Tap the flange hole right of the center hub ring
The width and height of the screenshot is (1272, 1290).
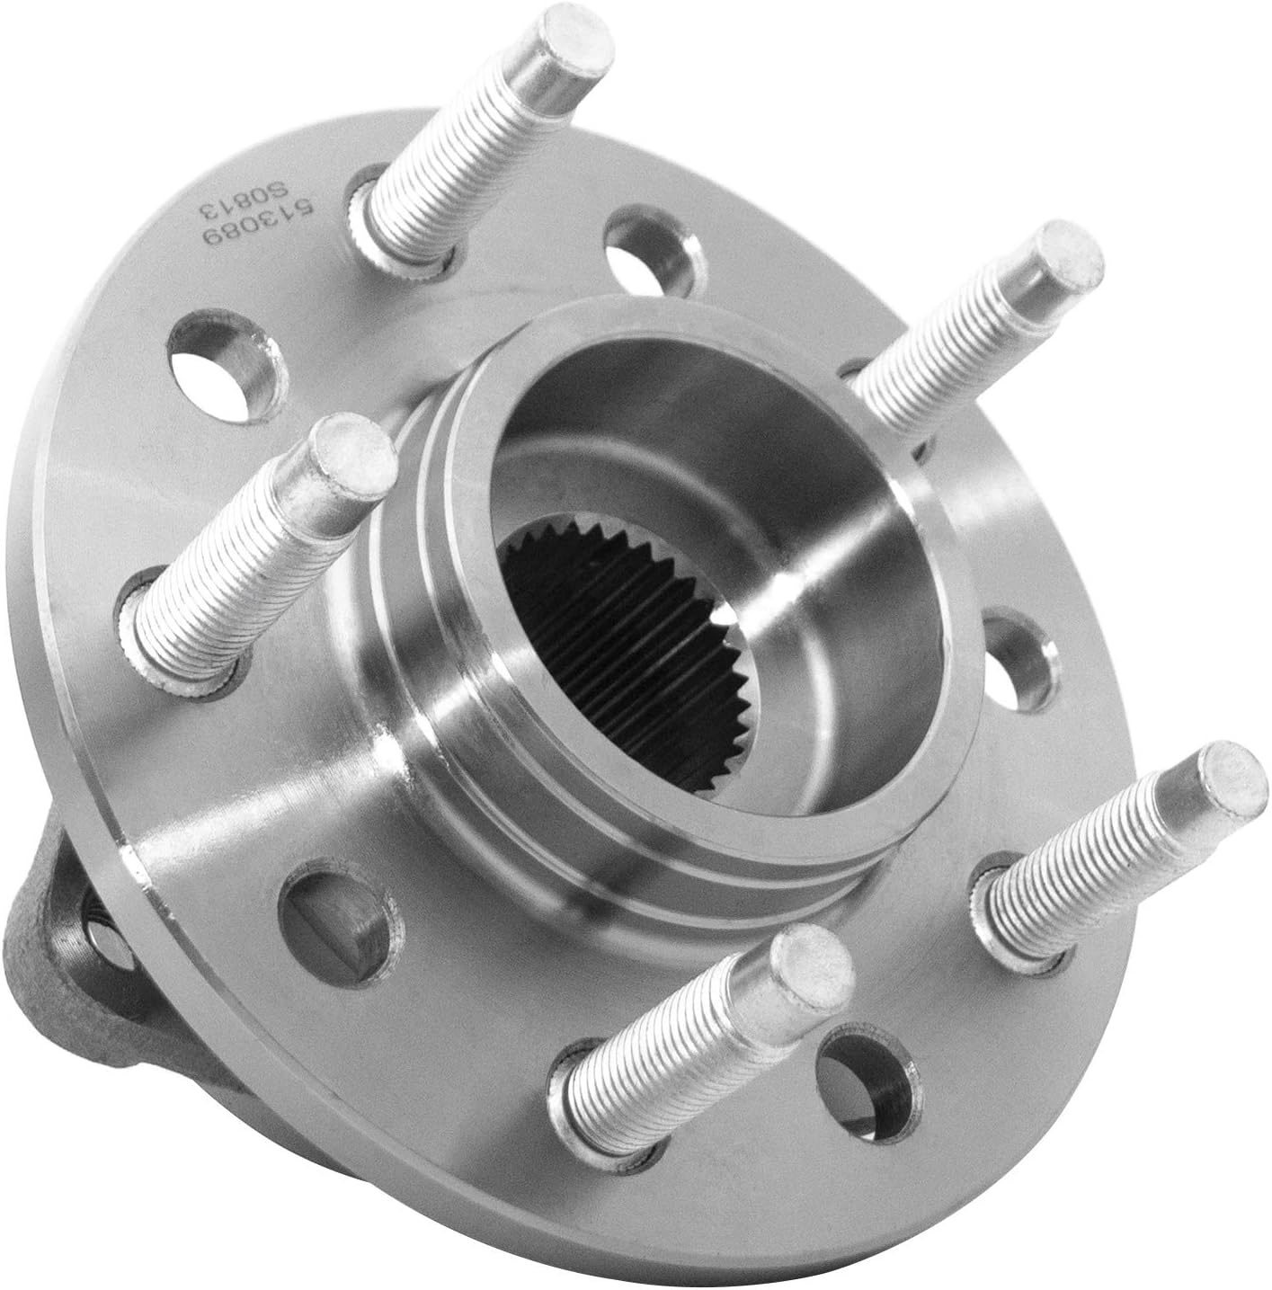1015,661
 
